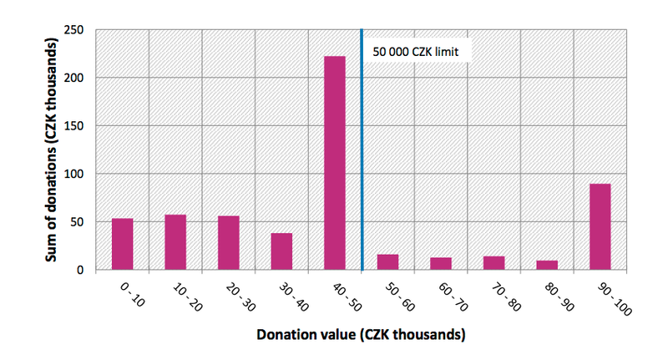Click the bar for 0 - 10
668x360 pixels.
click(122, 244)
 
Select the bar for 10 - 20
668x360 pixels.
click(175, 242)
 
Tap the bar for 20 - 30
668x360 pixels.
click(228, 243)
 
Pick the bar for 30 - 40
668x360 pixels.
click(281, 251)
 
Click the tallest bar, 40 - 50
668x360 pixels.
click(335, 163)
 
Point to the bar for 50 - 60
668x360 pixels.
click(387, 261)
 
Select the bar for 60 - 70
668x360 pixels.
click(441, 263)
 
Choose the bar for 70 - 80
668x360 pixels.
click(493, 262)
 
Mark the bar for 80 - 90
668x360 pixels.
click(547, 265)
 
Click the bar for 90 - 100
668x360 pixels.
click(600, 227)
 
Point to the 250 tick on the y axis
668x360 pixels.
click(78, 29)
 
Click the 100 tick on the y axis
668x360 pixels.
click(78, 174)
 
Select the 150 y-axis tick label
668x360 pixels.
click(78, 125)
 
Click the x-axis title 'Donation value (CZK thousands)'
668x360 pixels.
click(361, 335)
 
